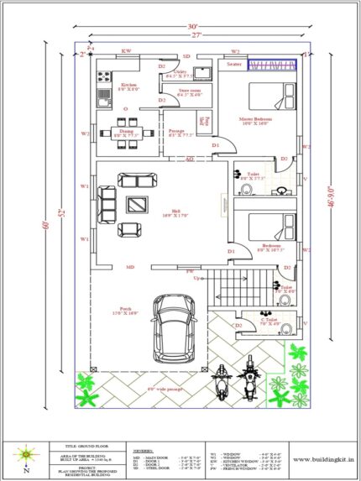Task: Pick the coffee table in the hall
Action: [x=134, y=203]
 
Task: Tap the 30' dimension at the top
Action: [x=194, y=26]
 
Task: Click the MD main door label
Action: [x=130, y=268]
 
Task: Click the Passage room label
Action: [x=175, y=133]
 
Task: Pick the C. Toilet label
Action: [x=269, y=321]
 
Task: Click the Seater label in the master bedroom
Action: [x=234, y=65]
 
